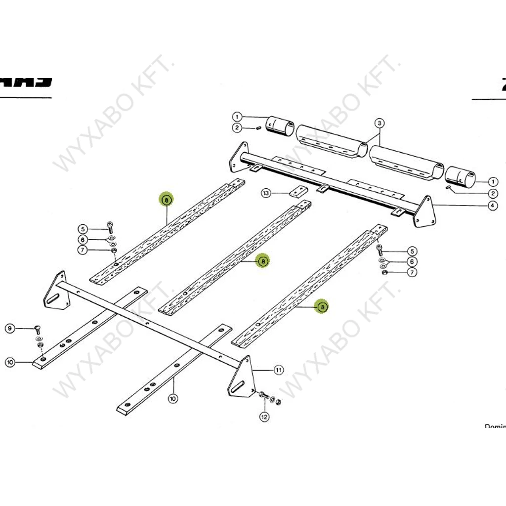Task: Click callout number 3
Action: tap(379, 123)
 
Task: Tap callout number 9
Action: tap(10, 328)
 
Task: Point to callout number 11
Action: tap(279, 370)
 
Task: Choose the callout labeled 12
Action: tap(264, 417)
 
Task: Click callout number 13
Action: tap(266, 193)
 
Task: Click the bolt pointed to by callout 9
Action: tap(38, 330)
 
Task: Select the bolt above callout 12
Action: tap(262, 396)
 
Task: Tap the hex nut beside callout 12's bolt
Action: tap(279, 401)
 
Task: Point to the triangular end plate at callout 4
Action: tap(425, 212)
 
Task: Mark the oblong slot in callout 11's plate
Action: tap(239, 387)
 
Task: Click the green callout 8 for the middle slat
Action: tap(263, 261)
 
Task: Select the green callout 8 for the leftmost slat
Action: tap(167, 199)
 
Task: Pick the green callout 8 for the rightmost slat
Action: tap(322, 307)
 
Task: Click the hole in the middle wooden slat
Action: tap(184, 295)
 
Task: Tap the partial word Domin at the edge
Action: tap(495, 426)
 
